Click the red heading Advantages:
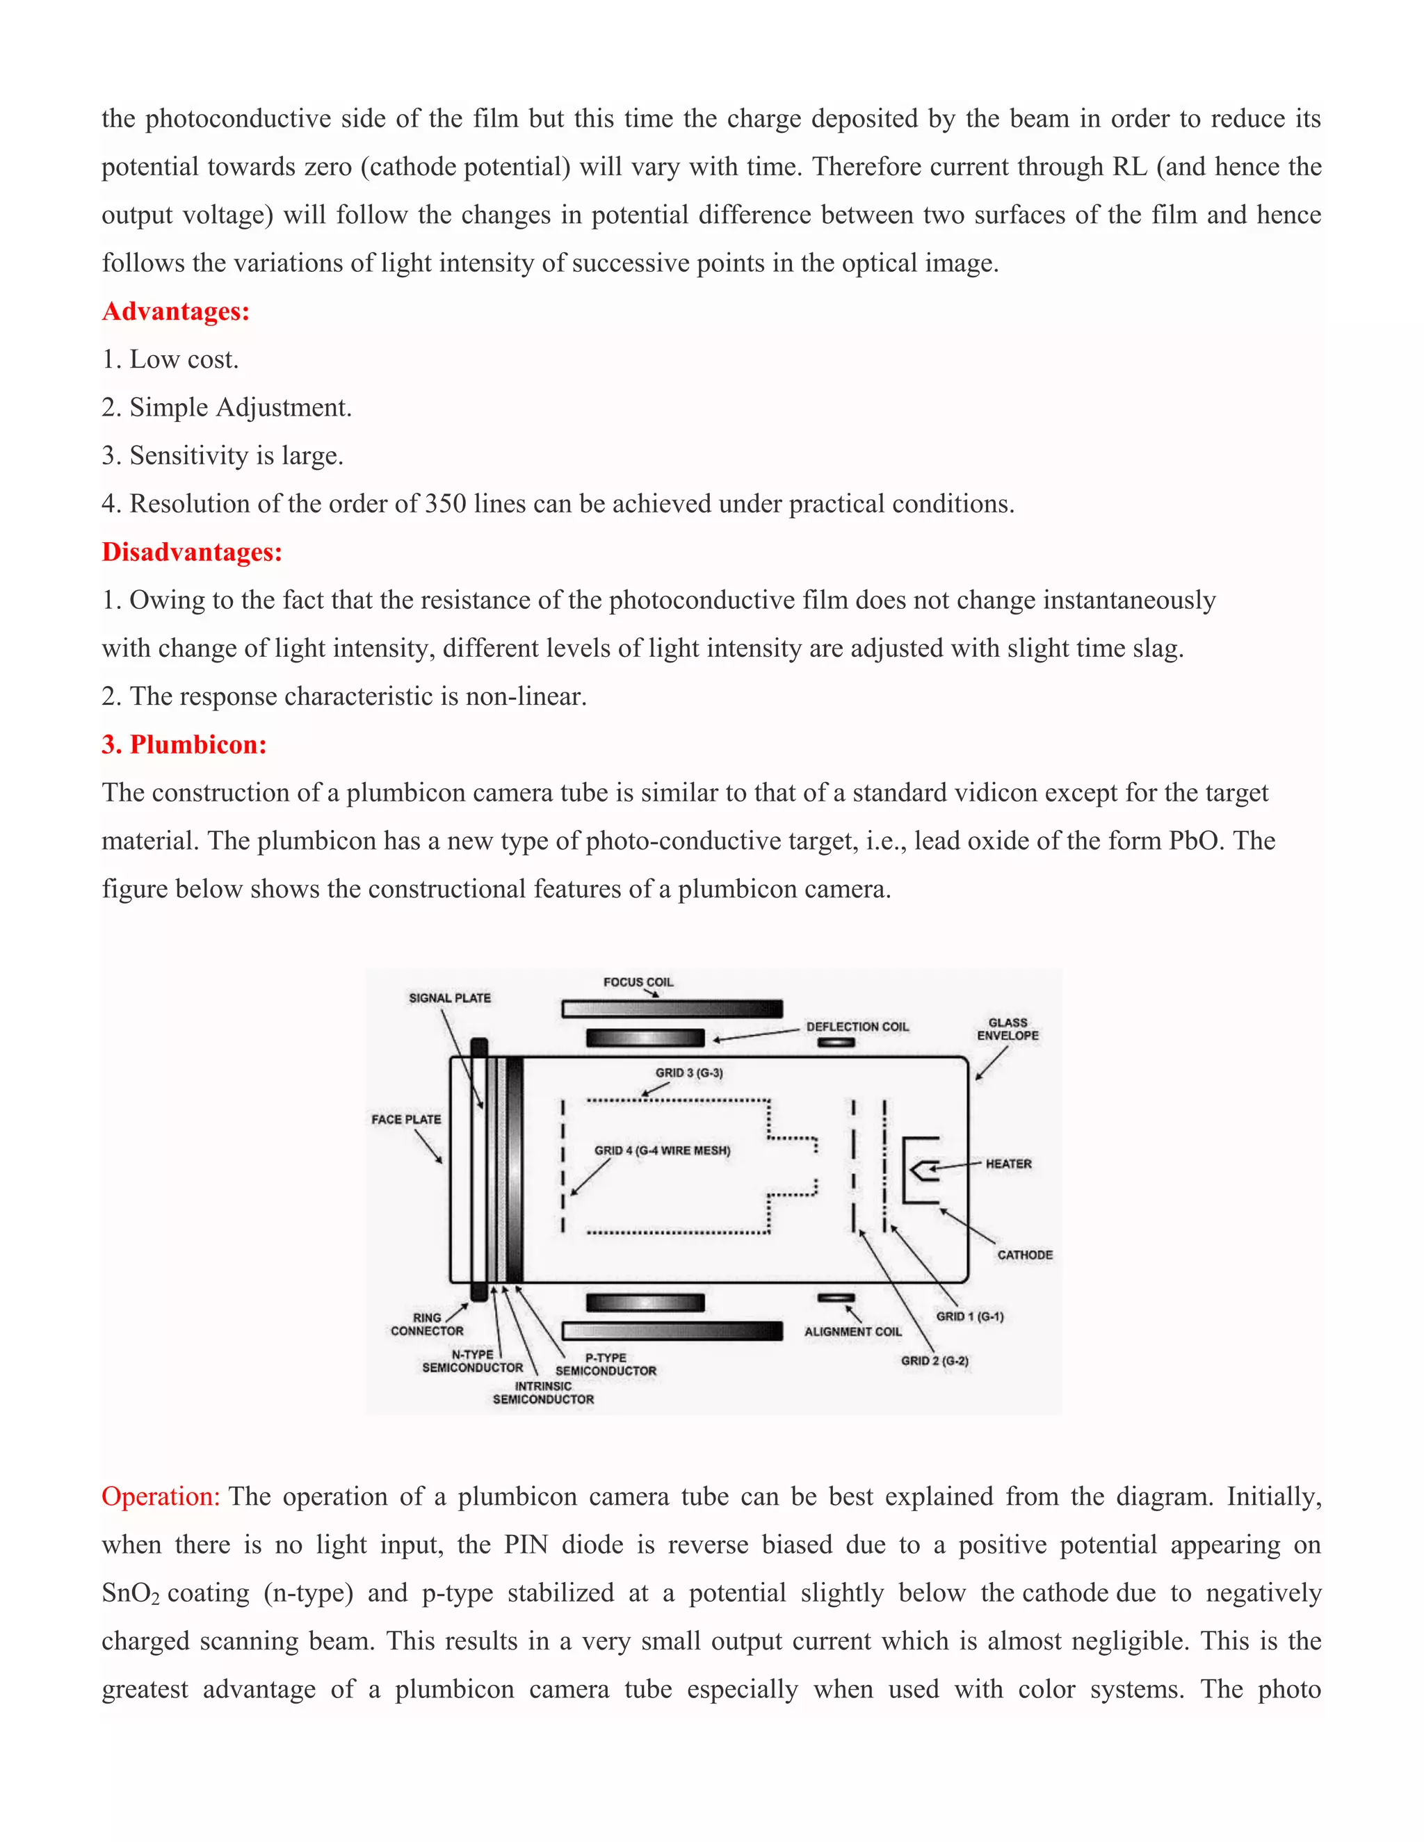(175, 311)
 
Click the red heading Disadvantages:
(191, 552)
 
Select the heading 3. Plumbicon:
(184, 744)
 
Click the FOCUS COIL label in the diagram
(638, 981)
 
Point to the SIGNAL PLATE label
(450, 997)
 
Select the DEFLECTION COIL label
(857, 1027)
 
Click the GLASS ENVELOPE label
(1008, 1029)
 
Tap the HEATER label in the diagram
(1008, 1164)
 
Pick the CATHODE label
(1024, 1255)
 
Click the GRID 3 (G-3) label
(688, 1073)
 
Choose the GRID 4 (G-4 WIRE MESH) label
(662, 1150)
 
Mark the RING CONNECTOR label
(427, 1324)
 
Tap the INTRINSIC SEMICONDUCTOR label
(543, 1392)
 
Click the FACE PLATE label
(406, 1119)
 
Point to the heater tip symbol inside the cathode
(925, 1169)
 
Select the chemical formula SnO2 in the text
(130, 1593)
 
